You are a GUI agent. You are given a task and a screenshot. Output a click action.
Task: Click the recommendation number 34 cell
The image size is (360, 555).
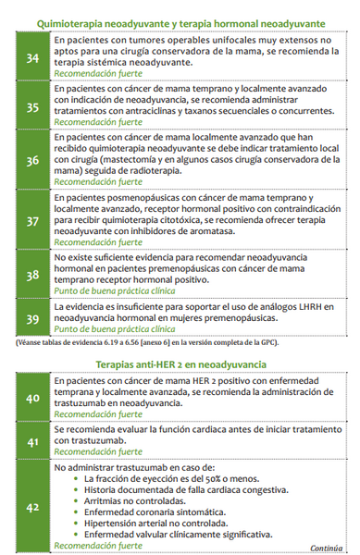(x=32, y=58)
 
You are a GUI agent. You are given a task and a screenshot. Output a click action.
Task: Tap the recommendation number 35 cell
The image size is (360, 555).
(x=32, y=106)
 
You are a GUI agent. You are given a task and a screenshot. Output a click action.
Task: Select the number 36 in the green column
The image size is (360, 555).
(x=32, y=159)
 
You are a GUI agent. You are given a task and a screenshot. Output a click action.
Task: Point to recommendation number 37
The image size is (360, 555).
(x=32, y=221)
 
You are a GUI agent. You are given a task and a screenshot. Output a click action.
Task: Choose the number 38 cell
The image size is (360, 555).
(x=32, y=274)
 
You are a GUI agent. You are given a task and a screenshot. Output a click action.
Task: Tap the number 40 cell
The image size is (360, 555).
(x=32, y=398)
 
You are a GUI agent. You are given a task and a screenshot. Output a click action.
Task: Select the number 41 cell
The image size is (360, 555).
(x=32, y=441)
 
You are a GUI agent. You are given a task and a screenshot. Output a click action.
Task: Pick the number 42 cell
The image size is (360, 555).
(x=32, y=506)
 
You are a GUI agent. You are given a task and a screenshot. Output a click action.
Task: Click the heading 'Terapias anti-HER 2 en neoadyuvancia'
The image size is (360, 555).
(x=180, y=364)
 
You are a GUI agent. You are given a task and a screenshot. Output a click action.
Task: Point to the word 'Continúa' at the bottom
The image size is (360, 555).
(x=329, y=546)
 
